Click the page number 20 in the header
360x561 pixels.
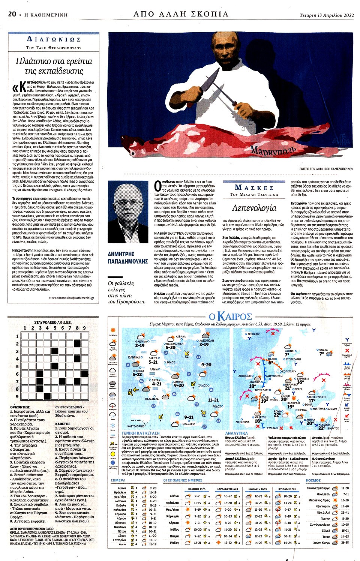tap(12, 14)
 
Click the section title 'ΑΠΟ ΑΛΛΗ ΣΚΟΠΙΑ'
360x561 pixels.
tap(181, 14)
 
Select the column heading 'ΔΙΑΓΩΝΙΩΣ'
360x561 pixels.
tap(54, 39)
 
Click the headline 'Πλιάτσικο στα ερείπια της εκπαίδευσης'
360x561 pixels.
tap(54, 66)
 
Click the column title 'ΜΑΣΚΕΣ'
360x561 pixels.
tap(254, 187)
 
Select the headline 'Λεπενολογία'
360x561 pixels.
tap(254, 208)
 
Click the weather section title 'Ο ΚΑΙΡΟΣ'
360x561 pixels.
tap(230, 316)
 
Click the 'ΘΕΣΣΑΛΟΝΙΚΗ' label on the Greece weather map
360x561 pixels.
tap(175, 343)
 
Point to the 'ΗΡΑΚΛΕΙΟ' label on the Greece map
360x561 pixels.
tap(189, 424)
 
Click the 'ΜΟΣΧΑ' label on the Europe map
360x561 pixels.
tap(323, 350)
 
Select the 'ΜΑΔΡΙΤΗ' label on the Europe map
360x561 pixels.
tap(260, 417)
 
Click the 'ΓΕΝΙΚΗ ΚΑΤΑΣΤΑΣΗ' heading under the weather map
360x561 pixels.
tap(141, 433)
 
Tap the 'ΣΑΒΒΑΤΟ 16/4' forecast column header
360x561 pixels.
tap(258, 489)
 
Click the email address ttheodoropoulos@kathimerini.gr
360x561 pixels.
tap(71, 298)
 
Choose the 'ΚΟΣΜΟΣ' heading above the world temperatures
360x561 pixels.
tap(313, 480)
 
